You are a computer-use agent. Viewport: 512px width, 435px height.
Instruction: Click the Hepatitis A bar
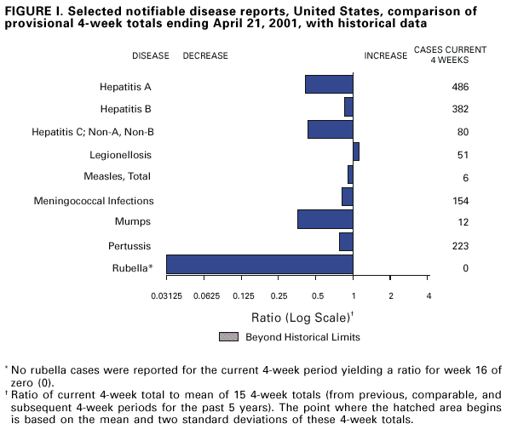(x=329, y=84)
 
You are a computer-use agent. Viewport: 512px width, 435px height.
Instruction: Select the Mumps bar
(x=325, y=219)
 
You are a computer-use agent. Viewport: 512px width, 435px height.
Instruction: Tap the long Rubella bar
(x=259, y=264)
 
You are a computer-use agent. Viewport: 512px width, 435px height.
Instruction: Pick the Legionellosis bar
(x=356, y=152)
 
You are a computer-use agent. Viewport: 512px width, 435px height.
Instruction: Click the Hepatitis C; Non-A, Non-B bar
(x=330, y=129)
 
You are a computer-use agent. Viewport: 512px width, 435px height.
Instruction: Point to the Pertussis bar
(x=346, y=242)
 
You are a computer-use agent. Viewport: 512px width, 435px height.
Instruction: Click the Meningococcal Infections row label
(x=94, y=201)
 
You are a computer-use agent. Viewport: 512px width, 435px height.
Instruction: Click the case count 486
(x=461, y=87)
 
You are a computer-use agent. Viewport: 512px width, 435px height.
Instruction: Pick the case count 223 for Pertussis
(x=461, y=246)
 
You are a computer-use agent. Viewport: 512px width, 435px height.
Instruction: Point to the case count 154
(x=461, y=201)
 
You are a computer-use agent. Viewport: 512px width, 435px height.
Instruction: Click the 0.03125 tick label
(x=168, y=295)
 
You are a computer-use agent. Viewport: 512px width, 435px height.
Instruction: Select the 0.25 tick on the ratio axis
(x=279, y=295)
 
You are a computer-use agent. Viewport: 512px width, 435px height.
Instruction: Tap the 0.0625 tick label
(x=207, y=295)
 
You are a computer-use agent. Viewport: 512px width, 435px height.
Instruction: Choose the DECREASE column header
(x=205, y=55)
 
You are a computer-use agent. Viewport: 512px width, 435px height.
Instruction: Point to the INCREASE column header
(x=386, y=55)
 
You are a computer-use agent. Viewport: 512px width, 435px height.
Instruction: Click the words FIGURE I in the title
(x=35, y=9)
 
